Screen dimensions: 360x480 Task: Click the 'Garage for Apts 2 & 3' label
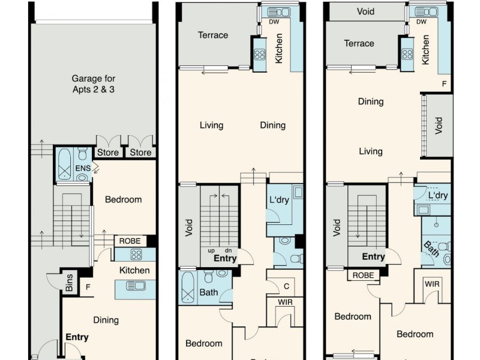(x=94, y=84)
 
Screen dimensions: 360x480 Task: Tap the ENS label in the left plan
(x=83, y=169)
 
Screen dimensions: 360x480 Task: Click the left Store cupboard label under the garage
(x=108, y=153)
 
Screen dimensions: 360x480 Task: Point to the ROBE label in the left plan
(x=130, y=241)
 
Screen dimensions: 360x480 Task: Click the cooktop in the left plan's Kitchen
(x=136, y=254)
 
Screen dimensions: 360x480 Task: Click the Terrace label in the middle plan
(x=213, y=35)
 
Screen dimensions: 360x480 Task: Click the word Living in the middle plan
(x=211, y=125)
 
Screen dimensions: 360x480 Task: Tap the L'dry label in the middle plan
(x=280, y=200)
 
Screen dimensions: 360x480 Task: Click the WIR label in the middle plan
(x=286, y=302)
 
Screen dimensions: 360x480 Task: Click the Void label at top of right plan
(x=365, y=11)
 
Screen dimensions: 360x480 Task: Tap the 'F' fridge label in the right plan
(x=444, y=84)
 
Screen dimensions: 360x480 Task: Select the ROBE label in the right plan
(x=362, y=275)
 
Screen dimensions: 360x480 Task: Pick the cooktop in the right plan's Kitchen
(x=406, y=54)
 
